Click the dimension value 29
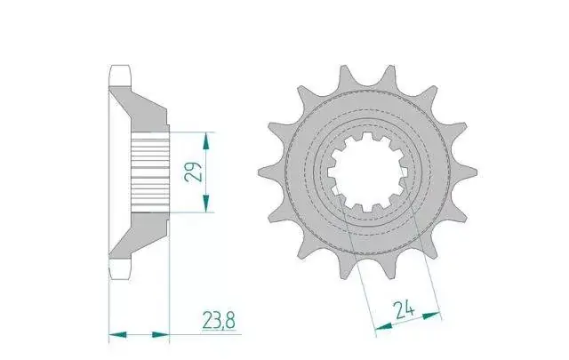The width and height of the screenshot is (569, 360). [x=194, y=172]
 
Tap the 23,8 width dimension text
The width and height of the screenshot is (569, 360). [x=219, y=320]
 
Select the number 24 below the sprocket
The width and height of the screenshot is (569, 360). [x=404, y=310]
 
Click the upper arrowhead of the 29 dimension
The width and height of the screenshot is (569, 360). [x=206, y=140]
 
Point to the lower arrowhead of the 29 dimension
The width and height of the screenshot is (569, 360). [x=206, y=204]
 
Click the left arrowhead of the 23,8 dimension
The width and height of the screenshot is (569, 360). [x=117, y=334]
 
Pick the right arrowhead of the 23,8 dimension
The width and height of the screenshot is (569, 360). [x=161, y=334]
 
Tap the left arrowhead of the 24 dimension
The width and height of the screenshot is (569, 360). [x=383, y=326]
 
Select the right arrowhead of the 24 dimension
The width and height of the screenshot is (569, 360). [x=432, y=316]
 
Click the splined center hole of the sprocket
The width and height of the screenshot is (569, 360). [x=367, y=172]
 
